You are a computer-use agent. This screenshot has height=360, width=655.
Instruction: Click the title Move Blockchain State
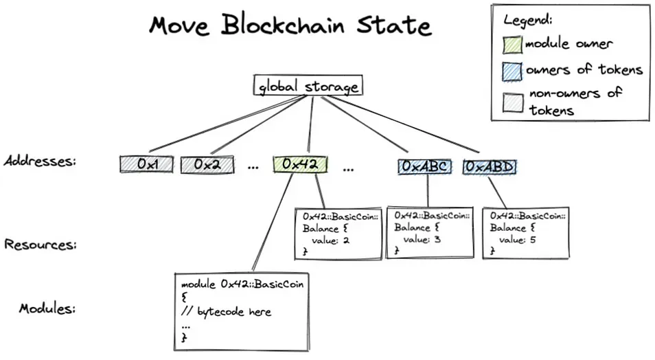290,25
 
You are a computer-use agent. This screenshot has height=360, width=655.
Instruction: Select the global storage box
307,87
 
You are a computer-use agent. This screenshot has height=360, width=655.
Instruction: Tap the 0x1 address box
147,165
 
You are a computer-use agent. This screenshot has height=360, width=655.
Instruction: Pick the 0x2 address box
207,165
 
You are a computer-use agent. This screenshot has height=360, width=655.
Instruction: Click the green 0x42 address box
299,165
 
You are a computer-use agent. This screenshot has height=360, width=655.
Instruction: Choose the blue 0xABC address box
426,166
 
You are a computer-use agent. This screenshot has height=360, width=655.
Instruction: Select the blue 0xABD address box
490,166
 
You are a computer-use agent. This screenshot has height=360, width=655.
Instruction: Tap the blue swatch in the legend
513,70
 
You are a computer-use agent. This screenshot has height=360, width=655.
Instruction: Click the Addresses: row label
39,161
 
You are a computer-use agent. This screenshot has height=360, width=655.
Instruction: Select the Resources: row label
40,244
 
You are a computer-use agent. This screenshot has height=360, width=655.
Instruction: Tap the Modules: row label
46,308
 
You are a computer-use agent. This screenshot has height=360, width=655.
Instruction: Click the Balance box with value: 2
338,234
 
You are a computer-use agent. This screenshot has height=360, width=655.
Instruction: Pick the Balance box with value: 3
430,232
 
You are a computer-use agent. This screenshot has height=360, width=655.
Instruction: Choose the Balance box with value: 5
526,233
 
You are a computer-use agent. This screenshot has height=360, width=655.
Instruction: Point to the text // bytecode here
227,312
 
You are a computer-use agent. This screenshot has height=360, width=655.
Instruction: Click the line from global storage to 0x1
227,124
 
